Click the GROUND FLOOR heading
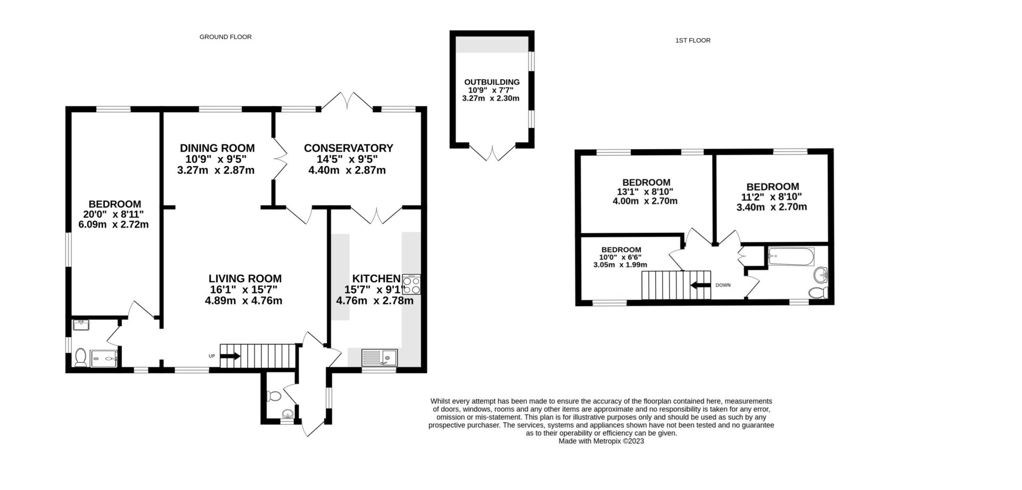point(225,37)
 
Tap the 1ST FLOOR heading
point(693,40)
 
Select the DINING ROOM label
point(217,148)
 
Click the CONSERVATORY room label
point(348,148)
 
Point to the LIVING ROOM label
point(245,278)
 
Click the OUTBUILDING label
point(491,82)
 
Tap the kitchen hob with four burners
point(412,284)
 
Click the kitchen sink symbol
point(380,357)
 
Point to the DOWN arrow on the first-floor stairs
point(701,285)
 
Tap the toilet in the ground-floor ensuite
point(81,357)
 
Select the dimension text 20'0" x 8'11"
point(114,215)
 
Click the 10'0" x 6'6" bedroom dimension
point(621,257)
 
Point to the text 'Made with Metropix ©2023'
point(601,441)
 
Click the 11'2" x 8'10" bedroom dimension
point(772,197)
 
